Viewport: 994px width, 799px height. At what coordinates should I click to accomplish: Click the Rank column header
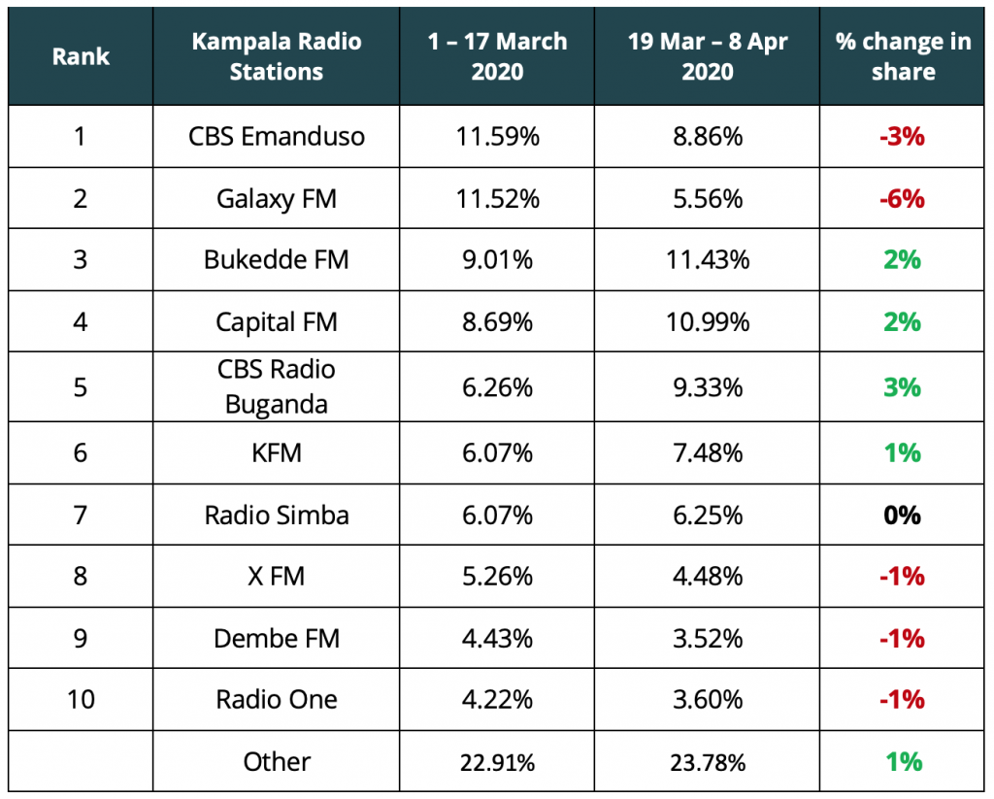pos(80,56)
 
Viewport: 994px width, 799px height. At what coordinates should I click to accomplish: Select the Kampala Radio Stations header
pos(277,56)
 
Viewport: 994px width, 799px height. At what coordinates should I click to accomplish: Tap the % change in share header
pos(903,56)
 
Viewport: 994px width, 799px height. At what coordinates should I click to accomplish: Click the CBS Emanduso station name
pos(277,136)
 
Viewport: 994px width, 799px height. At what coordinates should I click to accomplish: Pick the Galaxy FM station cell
pos(277,198)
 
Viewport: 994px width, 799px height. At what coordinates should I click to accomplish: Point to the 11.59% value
pos(497,136)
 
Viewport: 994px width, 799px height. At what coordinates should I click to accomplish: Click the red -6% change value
pos(902,198)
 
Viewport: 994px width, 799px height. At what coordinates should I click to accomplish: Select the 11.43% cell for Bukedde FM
pos(707,260)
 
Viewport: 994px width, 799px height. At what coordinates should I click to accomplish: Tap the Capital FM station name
pos(277,321)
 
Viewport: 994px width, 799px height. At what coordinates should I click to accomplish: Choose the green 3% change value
pos(902,386)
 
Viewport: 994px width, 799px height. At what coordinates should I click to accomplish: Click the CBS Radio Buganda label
pos(277,386)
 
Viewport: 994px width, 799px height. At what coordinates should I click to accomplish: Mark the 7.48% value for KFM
pos(707,452)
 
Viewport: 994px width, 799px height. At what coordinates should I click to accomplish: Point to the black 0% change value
pos(902,515)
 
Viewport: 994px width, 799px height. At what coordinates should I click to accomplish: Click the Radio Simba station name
pos(277,515)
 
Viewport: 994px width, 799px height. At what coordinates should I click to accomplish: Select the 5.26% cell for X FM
pos(497,577)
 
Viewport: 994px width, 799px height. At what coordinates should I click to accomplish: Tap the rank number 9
pos(80,638)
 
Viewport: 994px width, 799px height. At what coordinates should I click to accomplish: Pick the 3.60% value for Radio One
pos(707,700)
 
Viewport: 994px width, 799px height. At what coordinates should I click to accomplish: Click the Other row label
pos(277,762)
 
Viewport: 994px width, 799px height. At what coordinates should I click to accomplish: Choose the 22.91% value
pos(497,762)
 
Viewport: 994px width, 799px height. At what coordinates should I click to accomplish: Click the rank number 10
pos(80,700)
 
